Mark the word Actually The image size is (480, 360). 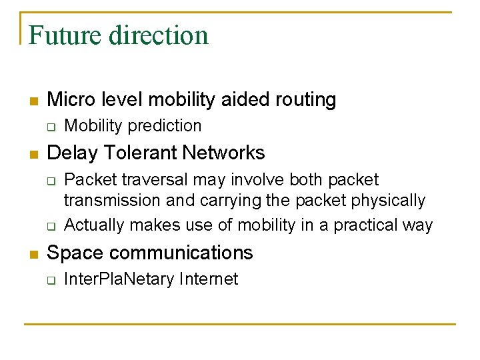(x=94, y=225)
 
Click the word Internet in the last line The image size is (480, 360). (x=208, y=279)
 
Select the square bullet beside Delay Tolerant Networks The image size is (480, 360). (x=34, y=154)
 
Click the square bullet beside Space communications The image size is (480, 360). (x=34, y=254)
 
